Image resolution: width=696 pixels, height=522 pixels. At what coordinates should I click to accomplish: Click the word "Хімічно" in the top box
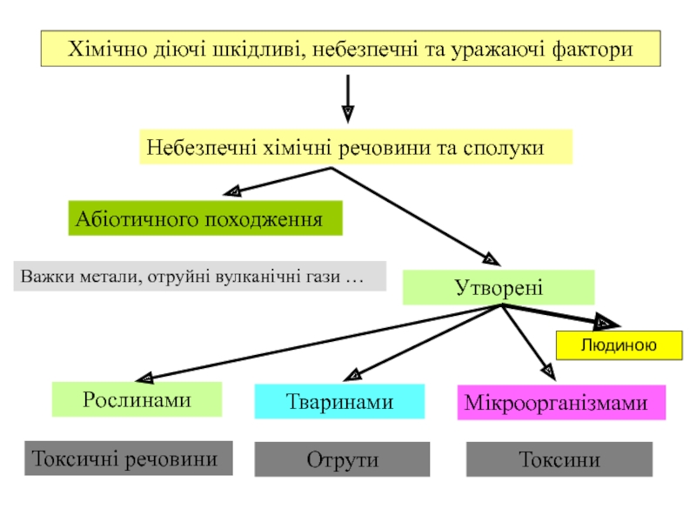[103, 50]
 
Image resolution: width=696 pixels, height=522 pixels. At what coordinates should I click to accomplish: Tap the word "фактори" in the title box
[591, 50]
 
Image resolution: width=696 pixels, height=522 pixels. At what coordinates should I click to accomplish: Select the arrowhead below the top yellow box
[347, 112]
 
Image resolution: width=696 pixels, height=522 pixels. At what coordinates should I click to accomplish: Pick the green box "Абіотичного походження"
[205, 218]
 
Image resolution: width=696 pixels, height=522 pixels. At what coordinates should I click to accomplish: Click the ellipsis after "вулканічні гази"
[352, 278]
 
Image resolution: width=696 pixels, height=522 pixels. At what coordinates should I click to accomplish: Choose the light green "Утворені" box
[499, 288]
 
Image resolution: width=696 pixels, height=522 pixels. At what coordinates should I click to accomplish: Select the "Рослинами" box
[137, 399]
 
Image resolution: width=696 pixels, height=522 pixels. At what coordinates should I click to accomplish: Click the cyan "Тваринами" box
[339, 402]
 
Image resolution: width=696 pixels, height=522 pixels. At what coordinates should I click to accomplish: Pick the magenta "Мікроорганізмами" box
[561, 404]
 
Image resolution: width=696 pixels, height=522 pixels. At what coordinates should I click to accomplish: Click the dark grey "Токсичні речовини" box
[128, 458]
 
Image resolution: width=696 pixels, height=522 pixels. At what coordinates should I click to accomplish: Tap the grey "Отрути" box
[342, 459]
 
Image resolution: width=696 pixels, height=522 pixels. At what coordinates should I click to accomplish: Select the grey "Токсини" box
[559, 459]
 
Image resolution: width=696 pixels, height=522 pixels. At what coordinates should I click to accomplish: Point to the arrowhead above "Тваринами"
[352, 374]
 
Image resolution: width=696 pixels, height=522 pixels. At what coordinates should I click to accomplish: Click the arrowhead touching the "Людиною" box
[603, 323]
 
